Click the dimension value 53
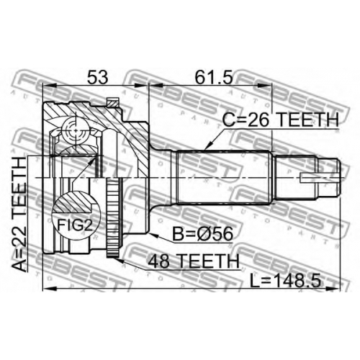click(98, 77)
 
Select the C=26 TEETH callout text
click(280, 120)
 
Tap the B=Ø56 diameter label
click(203, 234)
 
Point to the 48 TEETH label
click(194, 261)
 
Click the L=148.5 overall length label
click(285, 281)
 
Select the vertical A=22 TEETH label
click(19, 215)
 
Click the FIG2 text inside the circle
click(75, 225)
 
